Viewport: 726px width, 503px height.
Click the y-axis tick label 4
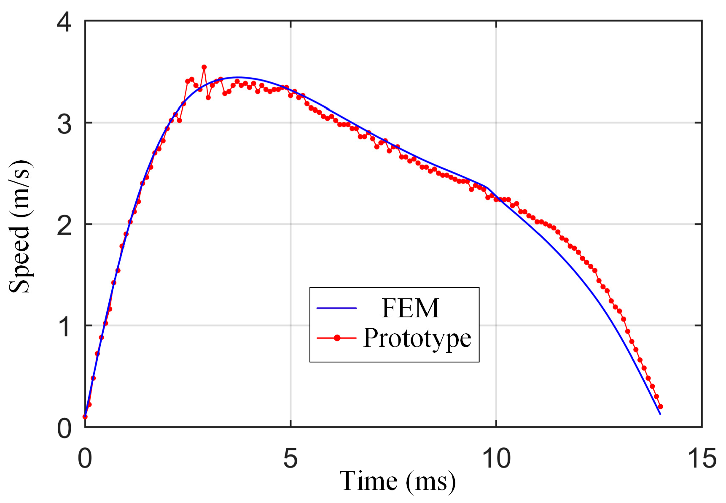65,22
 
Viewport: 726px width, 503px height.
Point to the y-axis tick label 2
65,225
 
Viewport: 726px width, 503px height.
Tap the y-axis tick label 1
65,327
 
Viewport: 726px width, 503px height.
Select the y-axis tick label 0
65,428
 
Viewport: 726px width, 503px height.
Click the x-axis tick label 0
85,458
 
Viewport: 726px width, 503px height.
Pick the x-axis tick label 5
290,458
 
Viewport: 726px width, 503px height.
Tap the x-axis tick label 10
496,458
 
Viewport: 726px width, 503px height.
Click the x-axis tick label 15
702,458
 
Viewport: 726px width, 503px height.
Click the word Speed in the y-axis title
20,259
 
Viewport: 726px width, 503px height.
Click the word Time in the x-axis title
368,481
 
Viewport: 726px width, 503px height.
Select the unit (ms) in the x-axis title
431,482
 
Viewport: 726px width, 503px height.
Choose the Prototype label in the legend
417,338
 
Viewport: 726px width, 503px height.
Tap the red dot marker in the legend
337,338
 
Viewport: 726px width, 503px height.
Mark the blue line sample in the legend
336,308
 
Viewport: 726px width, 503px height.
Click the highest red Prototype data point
204,67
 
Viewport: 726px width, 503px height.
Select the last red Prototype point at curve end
661,407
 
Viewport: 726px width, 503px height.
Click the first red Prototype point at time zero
85,416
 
